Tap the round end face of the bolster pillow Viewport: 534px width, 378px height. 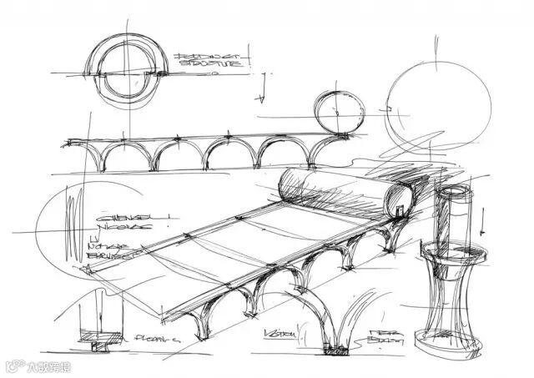(x=400, y=199)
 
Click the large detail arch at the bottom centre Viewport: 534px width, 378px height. (x=338, y=313)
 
